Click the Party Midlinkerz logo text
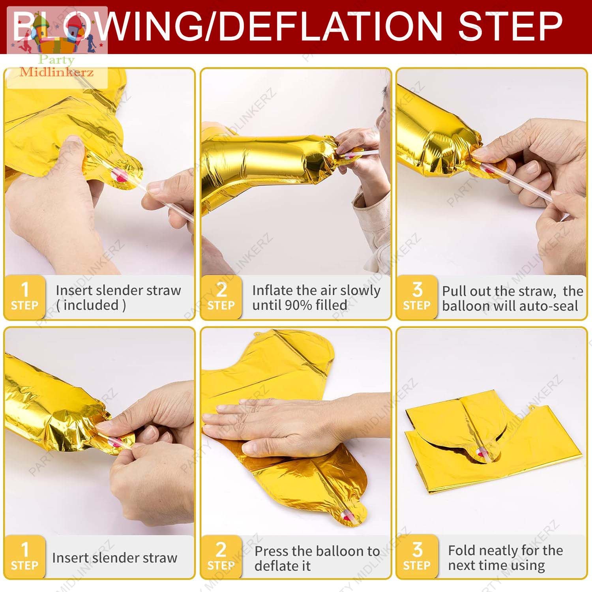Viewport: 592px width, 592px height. tap(57, 66)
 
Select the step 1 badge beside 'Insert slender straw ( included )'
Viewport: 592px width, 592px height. tap(24, 297)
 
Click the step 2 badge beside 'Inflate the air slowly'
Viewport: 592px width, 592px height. tap(221, 297)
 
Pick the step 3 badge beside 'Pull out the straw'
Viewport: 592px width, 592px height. tap(417, 297)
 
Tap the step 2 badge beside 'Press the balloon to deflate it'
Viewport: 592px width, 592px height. tap(221, 556)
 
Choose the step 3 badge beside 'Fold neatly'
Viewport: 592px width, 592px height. tap(417, 556)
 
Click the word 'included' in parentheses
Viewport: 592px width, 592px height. tap(91, 305)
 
